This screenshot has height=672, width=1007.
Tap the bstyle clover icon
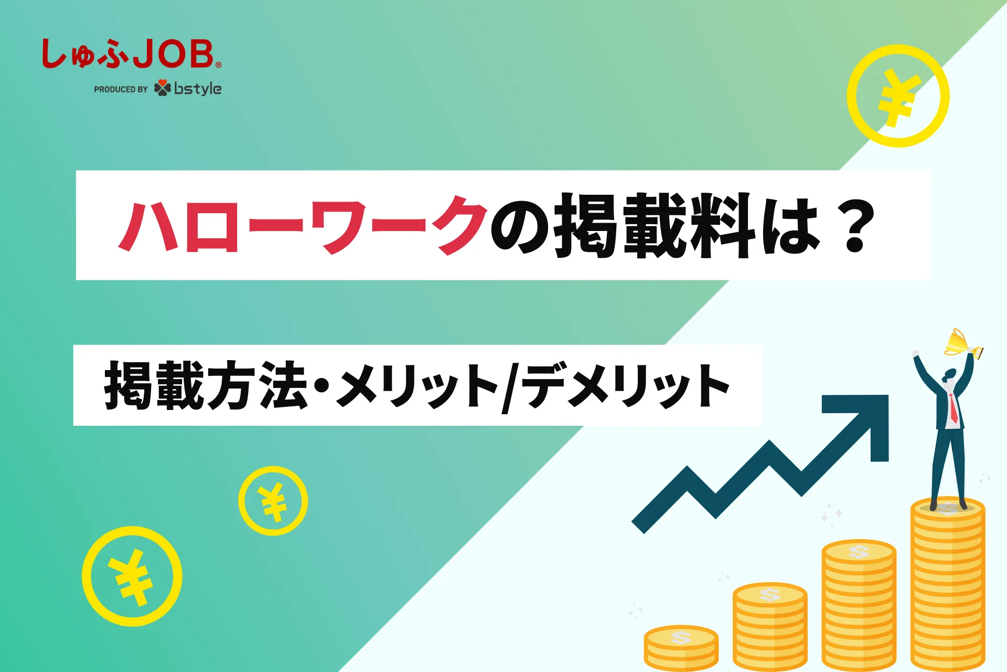pos(163,88)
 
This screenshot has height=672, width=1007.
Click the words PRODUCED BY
pos(121,89)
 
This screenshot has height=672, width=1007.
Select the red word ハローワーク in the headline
pos(303,226)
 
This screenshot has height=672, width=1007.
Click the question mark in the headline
pos(855,226)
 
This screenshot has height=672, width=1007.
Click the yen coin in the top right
pos(898,96)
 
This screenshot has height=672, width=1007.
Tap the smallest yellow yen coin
pos(273,501)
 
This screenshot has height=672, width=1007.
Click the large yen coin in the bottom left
pos(132,576)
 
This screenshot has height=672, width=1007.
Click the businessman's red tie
pos(953,408)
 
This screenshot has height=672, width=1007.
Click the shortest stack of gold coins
pos(681,648)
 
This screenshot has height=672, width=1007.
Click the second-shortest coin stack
pos(770,627)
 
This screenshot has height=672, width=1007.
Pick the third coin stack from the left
pos(859,605)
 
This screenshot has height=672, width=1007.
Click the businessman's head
pos(950,375)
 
